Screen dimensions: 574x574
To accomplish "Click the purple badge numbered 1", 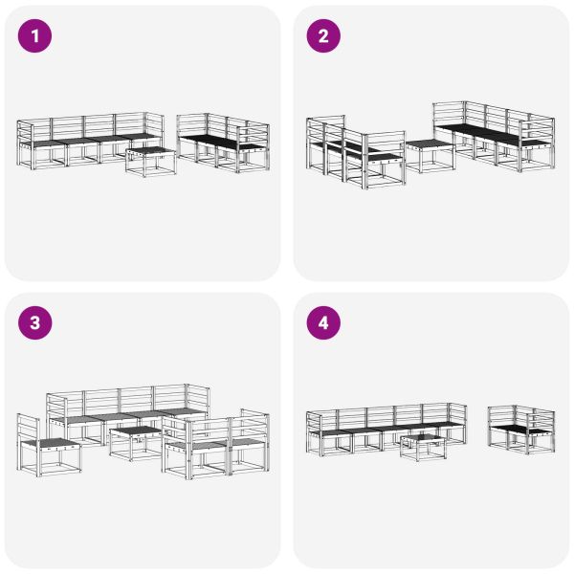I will [x=36, y=36].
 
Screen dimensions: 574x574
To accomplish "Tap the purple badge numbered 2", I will [x=323, y=36].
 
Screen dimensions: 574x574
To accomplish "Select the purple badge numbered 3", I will [x=36, y=323].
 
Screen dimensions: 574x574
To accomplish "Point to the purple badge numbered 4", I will [x=323, y=323].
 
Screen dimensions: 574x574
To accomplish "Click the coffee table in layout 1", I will [x=151, y=163].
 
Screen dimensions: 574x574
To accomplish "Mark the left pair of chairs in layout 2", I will [x=354, y=150].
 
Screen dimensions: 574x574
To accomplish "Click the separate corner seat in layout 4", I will [x=520, y=430].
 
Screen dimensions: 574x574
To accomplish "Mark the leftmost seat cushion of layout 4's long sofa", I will [x=330, y=431].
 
